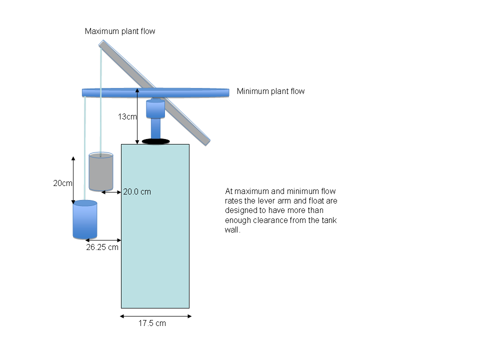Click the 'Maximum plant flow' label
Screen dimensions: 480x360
[x=120, y=31]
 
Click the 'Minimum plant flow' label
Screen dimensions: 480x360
[x=270, y=91]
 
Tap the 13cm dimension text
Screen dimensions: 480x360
[x=127, y=116]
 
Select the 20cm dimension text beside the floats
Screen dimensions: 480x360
[x=62, y=183]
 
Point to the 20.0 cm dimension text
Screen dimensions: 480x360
[x=137, y=191]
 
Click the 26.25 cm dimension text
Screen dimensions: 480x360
[x=102, y=247]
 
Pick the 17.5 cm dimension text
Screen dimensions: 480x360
[x=152, y=323]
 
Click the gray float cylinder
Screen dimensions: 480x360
[x=101, y=171]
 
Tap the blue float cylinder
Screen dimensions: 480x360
[x=85, y=219]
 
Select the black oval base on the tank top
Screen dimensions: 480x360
[x=156, y=141]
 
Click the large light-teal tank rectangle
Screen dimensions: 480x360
[x=155, y=226]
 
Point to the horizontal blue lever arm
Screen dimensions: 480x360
[x=155, y=93]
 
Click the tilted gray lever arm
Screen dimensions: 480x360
[x=154, y=93]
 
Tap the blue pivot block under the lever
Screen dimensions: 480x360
[x=155, y=109]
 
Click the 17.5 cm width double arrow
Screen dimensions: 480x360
[x=156, y=316]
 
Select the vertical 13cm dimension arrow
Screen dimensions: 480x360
[x=137, y=116]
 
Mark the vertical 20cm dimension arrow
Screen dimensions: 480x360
[x=73, y=180]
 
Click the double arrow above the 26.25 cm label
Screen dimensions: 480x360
[x=103, y=240]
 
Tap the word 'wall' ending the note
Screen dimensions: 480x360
[x=231, y=230]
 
